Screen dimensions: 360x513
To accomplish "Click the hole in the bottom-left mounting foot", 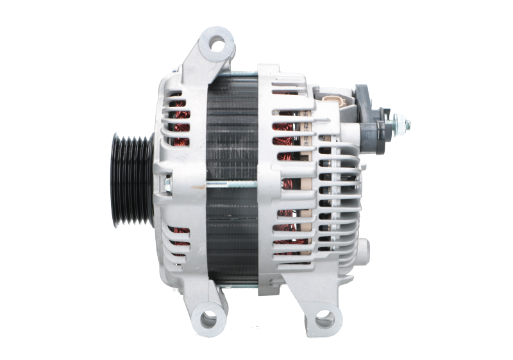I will click(x=208, y=316).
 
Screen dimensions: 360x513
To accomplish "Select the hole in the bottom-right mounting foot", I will click(x=323, y=316).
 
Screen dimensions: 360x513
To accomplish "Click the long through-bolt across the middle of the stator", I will click(x=218, y=184).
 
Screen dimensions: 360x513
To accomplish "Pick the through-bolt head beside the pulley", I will click(x=167, y=185).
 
